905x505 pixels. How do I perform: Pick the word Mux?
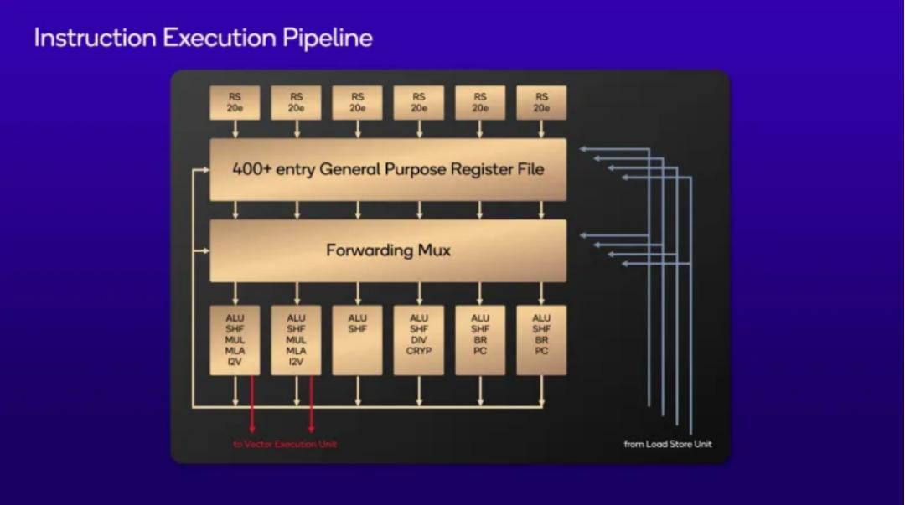click(434, 250)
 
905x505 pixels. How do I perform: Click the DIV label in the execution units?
click(419, 340)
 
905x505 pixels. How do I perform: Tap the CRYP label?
click(419, 352)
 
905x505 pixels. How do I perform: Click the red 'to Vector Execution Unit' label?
click(285, 444)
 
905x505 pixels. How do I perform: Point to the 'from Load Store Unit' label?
click(667, 444)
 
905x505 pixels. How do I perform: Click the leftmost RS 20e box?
click(235, 102)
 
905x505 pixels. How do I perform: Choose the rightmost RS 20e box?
click(541, 102)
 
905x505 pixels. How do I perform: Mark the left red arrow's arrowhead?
click(252, 432)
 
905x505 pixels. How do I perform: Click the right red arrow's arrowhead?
click(311, 432)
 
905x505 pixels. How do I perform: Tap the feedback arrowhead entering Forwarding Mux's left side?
click(205, 250)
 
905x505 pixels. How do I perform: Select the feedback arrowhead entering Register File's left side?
click(205, 169)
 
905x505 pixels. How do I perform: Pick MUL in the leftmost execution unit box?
click(235, 340)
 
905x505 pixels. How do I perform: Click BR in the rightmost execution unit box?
click(541, 340)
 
